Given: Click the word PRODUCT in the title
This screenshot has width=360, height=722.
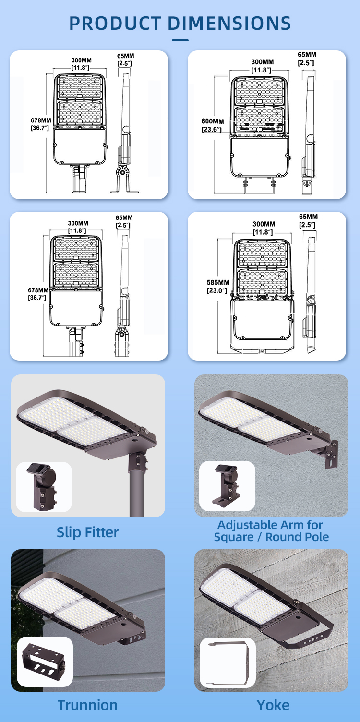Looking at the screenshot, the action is coord(115,23).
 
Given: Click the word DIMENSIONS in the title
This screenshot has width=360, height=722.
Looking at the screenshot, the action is coord(229,23).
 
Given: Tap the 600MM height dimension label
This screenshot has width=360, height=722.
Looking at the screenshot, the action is coord(212,121).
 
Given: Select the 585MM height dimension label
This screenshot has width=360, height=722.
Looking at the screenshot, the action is coord(218,282).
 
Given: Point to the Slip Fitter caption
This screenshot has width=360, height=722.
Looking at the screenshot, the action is coord(88,532).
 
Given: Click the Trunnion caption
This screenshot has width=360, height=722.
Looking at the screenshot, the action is coord(87,705).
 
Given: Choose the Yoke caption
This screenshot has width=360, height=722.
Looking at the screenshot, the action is coord(273,705).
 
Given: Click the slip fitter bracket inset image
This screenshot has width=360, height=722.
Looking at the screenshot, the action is coord(44,487).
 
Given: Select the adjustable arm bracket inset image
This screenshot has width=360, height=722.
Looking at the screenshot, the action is coord(227,486).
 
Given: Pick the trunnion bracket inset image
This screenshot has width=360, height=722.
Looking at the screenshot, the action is coord(45,662).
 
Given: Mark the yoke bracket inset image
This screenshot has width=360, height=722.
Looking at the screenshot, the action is coord(228,662).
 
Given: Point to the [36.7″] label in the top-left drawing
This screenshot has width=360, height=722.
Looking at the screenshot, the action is coord(40,128).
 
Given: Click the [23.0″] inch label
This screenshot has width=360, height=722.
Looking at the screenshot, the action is coord(217,291).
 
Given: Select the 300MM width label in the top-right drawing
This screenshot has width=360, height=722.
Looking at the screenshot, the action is coord(263,62).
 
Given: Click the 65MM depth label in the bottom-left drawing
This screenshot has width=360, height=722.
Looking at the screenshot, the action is coord(124,218).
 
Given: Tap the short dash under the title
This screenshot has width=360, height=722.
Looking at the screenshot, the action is coord(180,40).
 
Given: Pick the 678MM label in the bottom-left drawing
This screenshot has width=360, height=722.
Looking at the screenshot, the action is coord(38,290).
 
